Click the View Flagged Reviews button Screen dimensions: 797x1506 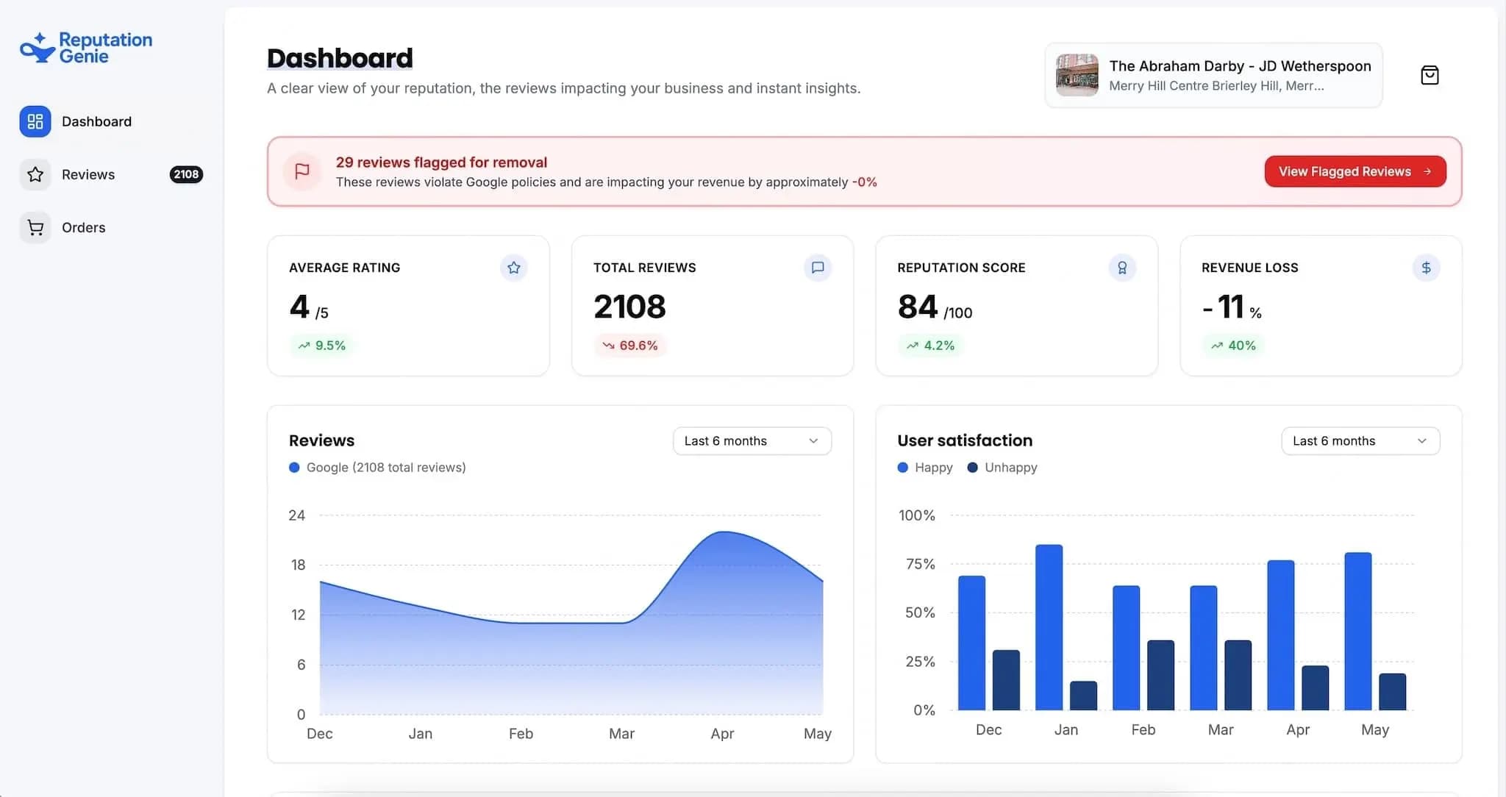pyautogui.click(x=1355, y=171)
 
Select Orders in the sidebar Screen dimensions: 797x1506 pyautogui.click(x=83, y=228)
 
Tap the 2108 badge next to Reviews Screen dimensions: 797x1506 pyautogui.click(x=186, y=174)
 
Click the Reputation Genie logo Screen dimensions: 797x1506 pyautogui.click(x=85, y=48)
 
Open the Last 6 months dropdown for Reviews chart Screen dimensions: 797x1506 pyautogui.click(x=752, y=441)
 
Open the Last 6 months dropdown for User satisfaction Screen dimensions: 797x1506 pyautogui.click(x=1360, y=441)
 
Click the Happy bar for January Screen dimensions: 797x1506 pyautogui.click(x=1049, y=627)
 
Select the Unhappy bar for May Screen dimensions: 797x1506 pyautogui.click(x=1392, y=692)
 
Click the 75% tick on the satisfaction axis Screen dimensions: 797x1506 pyautogui.click(x=920, y=564)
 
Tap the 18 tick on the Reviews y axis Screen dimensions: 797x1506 pyautogui.click(x=298, y=565)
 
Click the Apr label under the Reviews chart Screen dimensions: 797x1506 pyautogui.click(x=722, y=734)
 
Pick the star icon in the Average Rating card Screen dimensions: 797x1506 pyautogui.click(x=513, y=268)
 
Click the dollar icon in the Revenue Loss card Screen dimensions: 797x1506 pyautogui.click(x=1426, y=268)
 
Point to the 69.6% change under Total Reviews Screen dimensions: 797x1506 pyautogui.click(x=630, y=346)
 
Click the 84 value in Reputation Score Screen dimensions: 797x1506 pyautogui.click(x=917, y=307)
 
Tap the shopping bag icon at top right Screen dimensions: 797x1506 pyautogui.click(x=1430, y=75)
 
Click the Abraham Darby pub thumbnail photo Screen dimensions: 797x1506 pyautogui.click(x=1077, y=75)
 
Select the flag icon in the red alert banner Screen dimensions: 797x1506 pyautogui.click(x=301, y=171)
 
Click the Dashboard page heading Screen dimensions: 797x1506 pyautogui.click(x=340, y=58)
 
